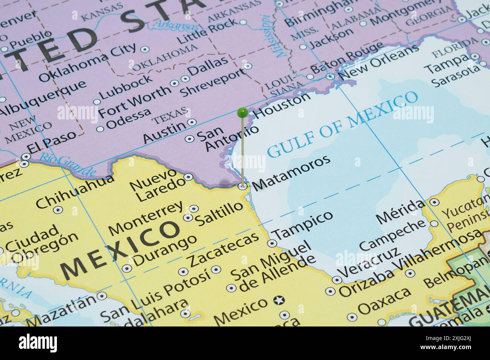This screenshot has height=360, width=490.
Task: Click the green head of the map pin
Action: tap(242, 112)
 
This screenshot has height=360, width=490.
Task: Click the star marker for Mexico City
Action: tap(279, 301)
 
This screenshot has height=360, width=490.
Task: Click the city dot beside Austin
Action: tap(192, 122)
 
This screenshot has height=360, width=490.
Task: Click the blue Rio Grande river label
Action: tap(68, 165)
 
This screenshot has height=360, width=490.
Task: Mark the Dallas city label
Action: tap(208, 66)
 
